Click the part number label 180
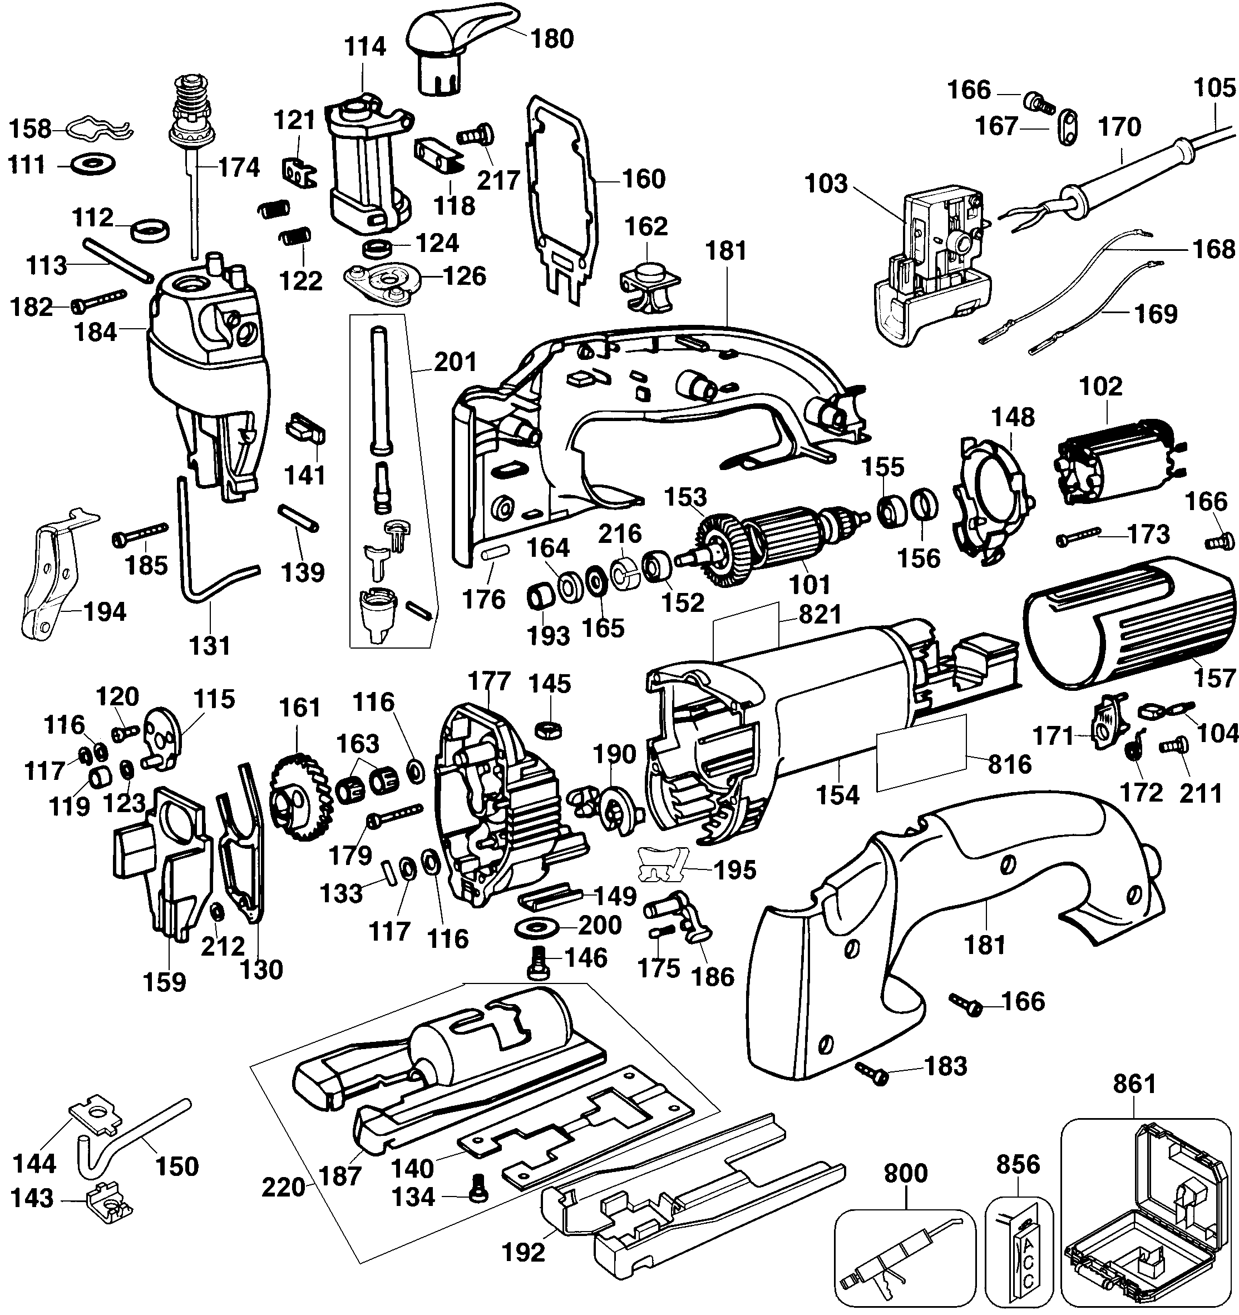(552, 38)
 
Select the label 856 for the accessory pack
(1018, 1164)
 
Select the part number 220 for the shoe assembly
(283, 1187)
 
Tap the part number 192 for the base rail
(524, 1252)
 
